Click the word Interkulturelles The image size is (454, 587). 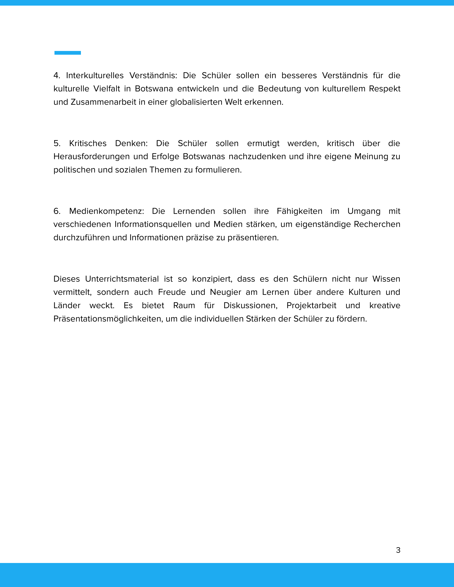[95, 76]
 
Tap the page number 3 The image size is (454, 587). [398, 550]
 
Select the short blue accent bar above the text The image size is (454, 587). [68, 53]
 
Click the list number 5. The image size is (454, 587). [57, 143]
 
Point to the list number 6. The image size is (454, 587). [57, 211]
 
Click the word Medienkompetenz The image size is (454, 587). [107, 211]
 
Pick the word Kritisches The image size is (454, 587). [88, 143]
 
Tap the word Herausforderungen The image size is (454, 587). [92, 156]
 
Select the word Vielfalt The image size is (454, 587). [107, 89]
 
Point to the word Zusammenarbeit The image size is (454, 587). [103, 102]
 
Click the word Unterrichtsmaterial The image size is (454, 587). [122, 279]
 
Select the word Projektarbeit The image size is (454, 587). [311, 305]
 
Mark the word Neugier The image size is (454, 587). [225, 292]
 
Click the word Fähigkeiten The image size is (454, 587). [299, 211]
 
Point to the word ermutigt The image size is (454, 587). [263, 143]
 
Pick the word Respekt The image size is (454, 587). [384, 89]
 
